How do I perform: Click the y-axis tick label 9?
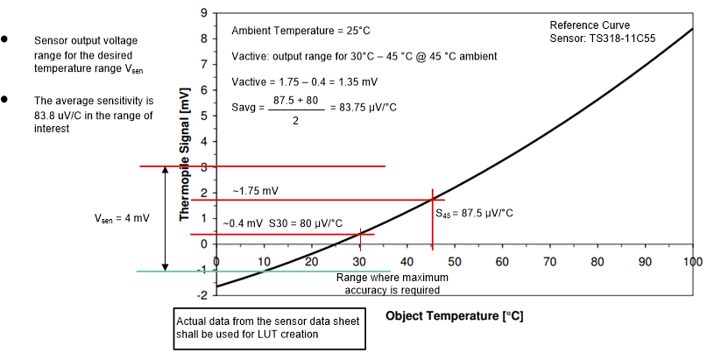click(x=203, y=13)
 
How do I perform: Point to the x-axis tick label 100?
click(x=691, y=262)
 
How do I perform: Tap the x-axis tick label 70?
click(x=549, y=262)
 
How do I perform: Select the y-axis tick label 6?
click(x=203, y=90)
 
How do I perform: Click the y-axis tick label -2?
click(x=201, y=295)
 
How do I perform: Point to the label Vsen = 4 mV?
click(x=123, y=218)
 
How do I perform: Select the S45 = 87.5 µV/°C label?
click(x=474, y=213)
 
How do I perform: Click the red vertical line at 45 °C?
click(x=432, y=228)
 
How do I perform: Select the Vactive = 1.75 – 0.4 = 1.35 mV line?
click(x=304, y=81)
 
